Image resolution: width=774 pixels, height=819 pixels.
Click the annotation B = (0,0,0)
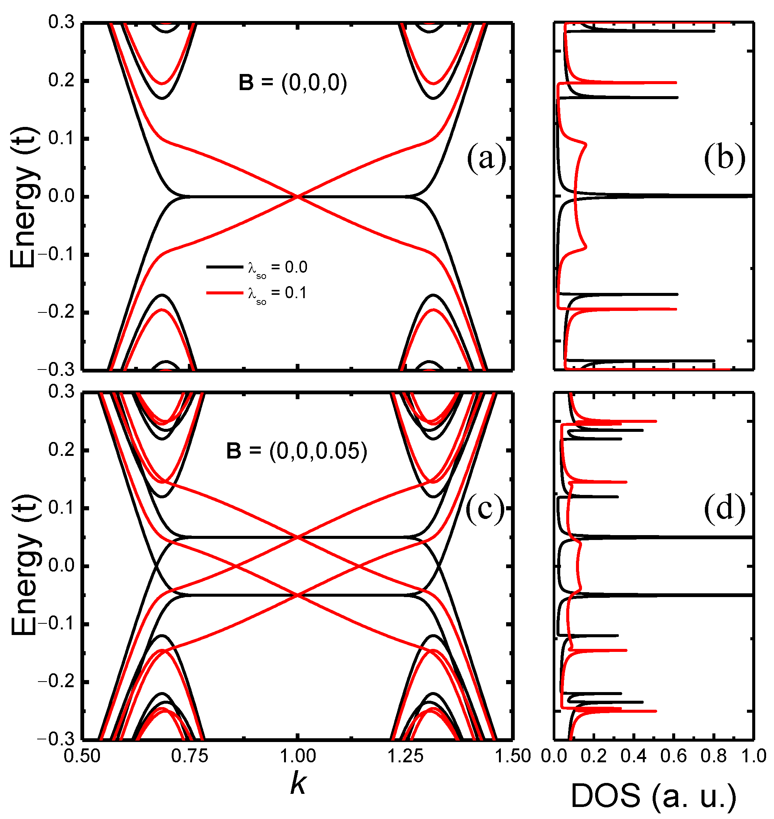(x=293, y=83)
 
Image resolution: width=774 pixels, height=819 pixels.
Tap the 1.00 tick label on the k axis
(x=298, y=756)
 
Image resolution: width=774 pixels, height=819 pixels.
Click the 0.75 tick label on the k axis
(x=190, y=756)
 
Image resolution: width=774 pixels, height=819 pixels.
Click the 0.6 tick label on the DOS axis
(x=674, y=756)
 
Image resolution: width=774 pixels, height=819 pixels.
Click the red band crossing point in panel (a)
(x=298, y=197)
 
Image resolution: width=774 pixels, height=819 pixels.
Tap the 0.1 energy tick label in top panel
(x=61, y=139)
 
